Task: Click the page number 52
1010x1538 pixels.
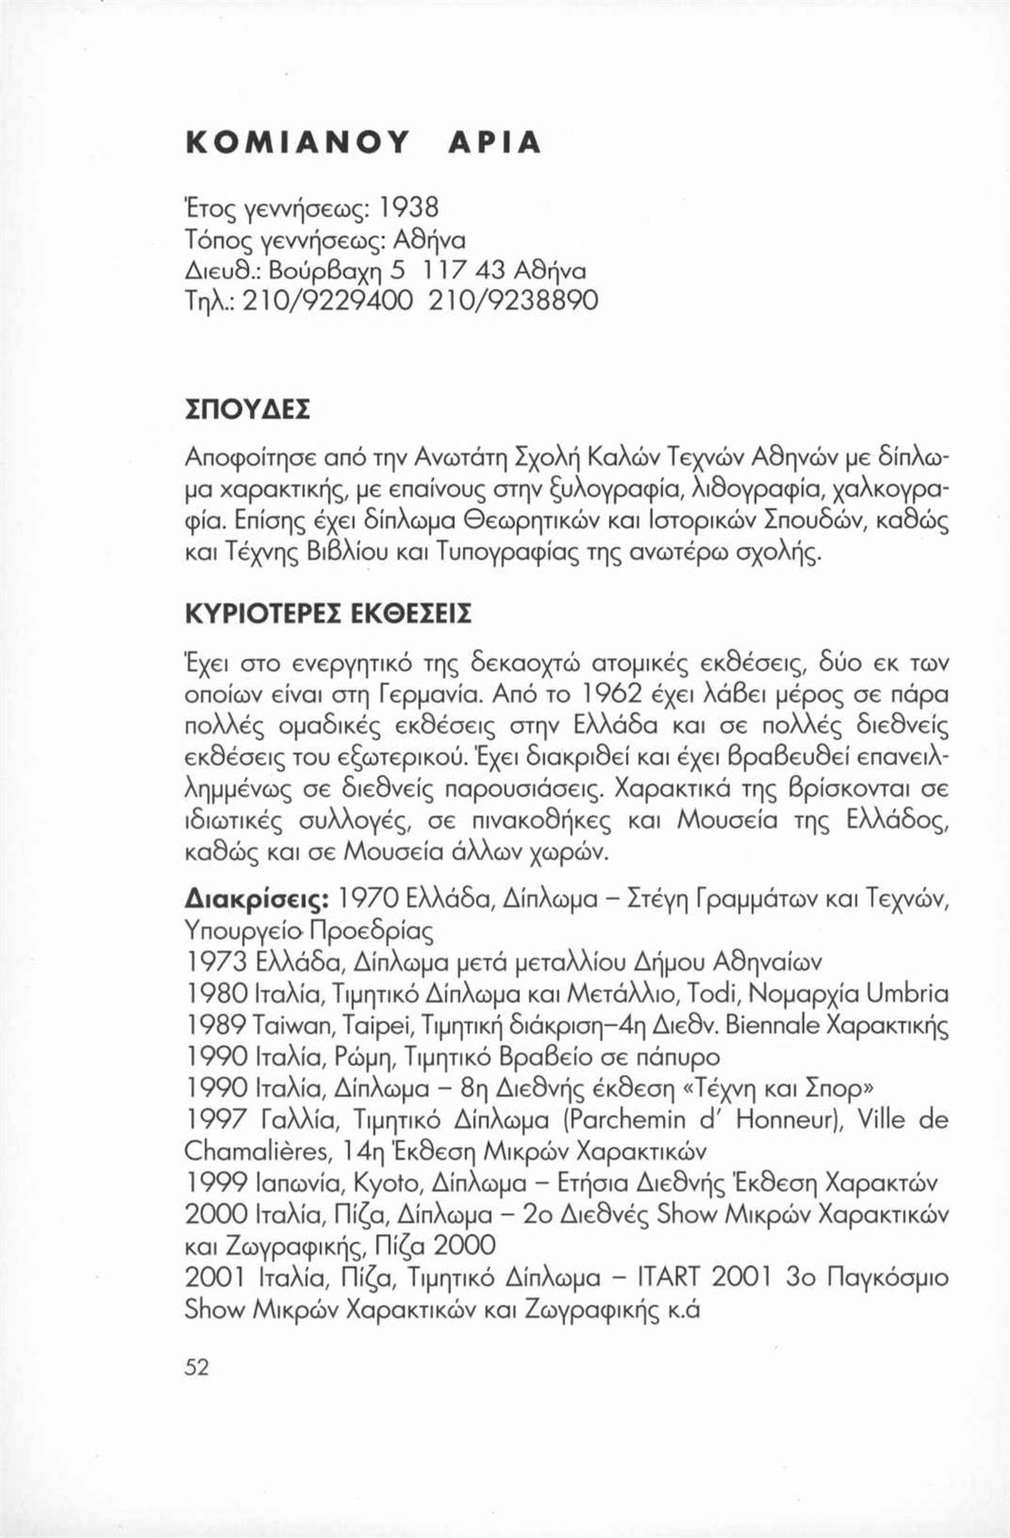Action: (196, 1367)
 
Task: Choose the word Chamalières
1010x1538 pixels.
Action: (261, 1151)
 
